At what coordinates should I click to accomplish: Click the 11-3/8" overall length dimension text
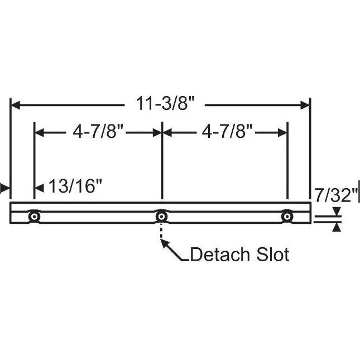coord(161,104)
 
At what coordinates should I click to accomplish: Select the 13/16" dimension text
coord(75,186)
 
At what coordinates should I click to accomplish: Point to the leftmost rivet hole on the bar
coord(35,216)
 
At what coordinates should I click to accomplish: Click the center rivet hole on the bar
coord(161,216)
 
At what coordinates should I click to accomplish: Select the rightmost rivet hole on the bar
coord(287,216)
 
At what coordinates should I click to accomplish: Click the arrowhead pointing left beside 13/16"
coord(40,187)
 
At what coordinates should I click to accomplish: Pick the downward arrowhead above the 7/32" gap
coord(337,211)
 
